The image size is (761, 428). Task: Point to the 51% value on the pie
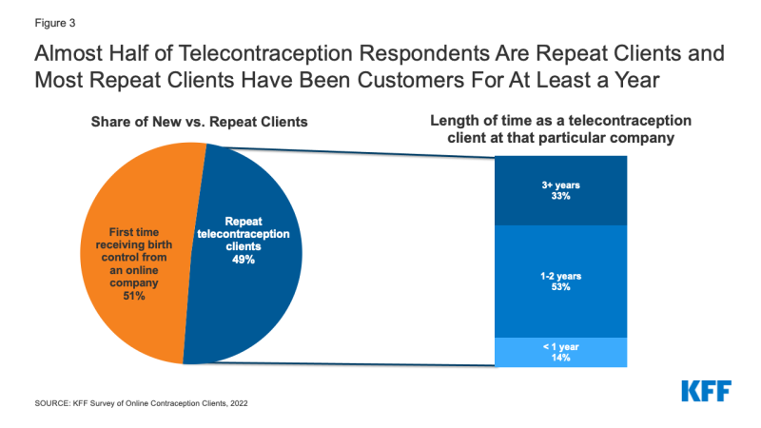point(133,297)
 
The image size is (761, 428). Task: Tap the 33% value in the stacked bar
point(561,194)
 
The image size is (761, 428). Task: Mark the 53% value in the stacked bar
point(561,286)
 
